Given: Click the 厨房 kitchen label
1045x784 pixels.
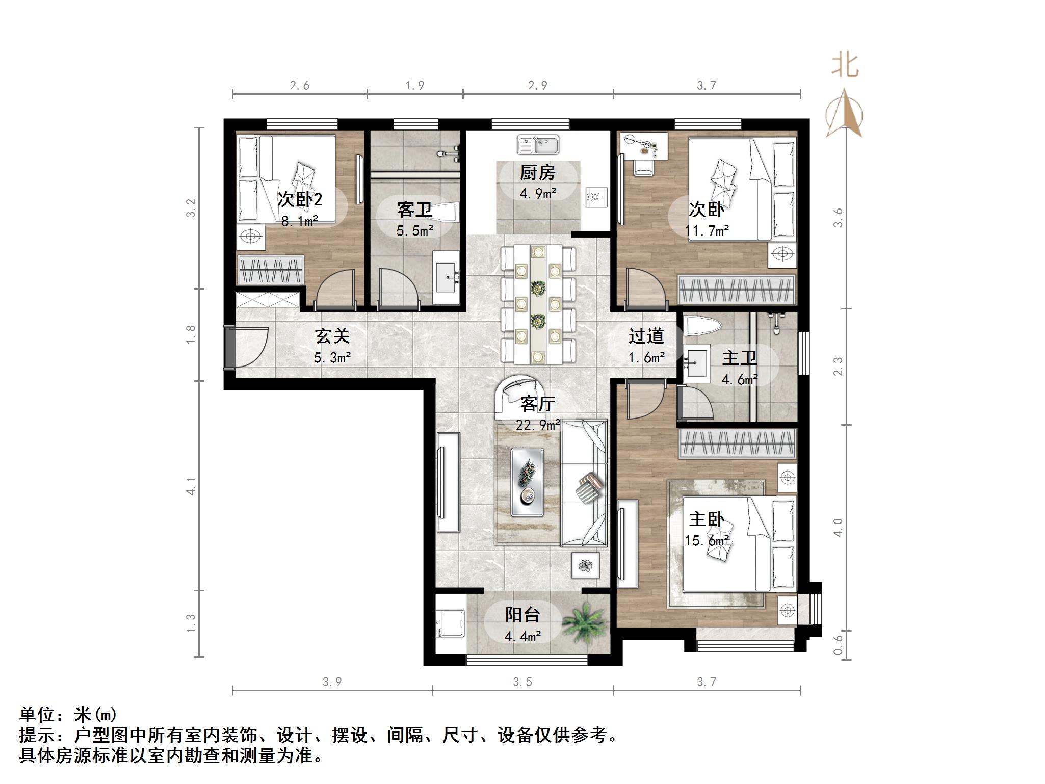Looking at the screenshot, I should [537, 173].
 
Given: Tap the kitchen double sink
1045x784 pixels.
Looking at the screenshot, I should [538, 144].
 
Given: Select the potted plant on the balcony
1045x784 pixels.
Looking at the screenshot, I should [587, 622].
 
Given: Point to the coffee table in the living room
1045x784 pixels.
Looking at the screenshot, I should [527, 482].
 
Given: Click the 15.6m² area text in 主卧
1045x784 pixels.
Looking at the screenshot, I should [707, 541].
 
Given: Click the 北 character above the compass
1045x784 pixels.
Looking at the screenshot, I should [845, 67].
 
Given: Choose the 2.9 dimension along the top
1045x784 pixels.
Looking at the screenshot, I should [538, 86].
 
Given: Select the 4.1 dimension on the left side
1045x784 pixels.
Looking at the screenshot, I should [191, 486].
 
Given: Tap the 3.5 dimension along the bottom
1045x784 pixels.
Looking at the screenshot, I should [522, 682].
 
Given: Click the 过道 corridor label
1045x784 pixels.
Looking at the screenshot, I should [646, 336].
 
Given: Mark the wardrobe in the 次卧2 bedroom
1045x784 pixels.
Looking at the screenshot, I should [271, 270].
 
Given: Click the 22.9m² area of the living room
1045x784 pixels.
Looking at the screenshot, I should [538, 425].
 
